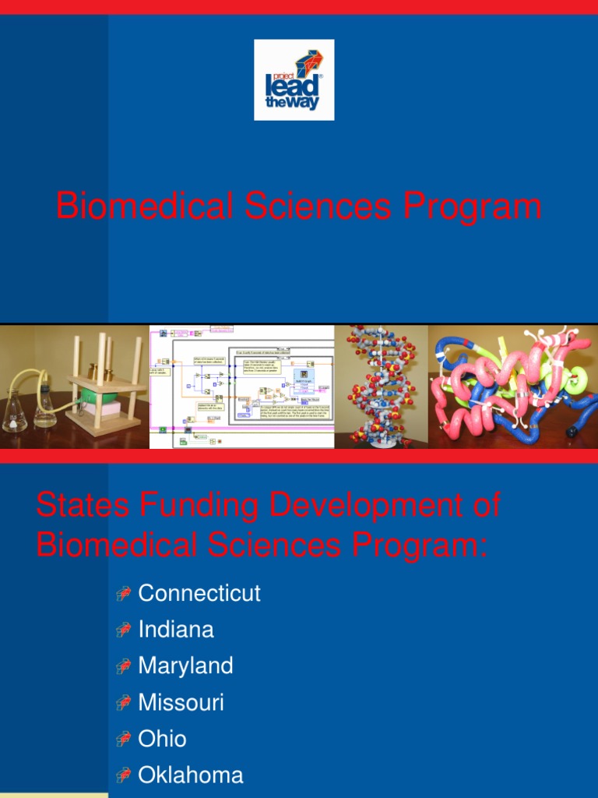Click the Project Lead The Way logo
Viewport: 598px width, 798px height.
click(x=294, y=80)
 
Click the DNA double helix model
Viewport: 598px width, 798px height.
click(x=382, y=386)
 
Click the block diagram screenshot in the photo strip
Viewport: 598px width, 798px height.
click(x=241, y=387)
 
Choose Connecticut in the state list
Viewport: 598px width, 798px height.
click(x=199, y=593)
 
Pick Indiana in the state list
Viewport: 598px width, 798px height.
click(x=176, y=630)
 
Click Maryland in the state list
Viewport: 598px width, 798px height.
click(x=185, y=666)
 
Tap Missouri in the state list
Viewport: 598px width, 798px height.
click(x=181, y=703)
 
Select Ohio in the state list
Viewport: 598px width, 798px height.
click(x=162, y=739)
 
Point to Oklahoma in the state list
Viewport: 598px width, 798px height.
click(x=191, y=775)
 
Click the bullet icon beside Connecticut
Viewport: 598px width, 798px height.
click(x=123, y=595)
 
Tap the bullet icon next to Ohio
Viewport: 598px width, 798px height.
click(x=123, y=740)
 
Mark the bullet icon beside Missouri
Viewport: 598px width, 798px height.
click(x=123, y=704)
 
